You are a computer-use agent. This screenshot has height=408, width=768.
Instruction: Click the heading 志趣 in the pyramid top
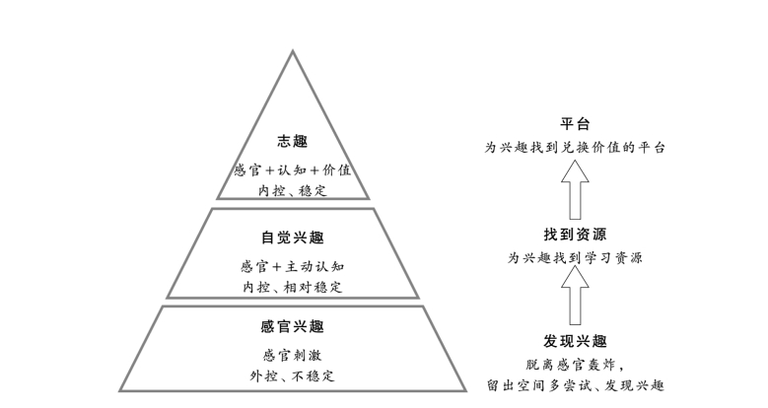click(x=293, y=142)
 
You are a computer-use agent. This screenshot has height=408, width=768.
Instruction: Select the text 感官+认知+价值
click(x=293, y=170)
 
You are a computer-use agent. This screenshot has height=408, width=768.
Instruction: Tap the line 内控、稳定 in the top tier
click(x=293, y=189)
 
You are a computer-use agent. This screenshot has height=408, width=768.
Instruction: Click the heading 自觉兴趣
click(x=293, y=238)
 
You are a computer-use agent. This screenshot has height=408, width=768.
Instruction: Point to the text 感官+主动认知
click(x=293, y=266)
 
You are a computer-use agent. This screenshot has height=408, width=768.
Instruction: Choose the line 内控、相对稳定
click(x=293, y=287)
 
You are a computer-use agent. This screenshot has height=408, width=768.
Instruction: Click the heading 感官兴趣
click(x=293, y=326)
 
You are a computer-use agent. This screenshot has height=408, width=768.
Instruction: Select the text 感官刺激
click(x=293, y=355)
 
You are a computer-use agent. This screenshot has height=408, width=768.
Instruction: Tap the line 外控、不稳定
click(x=293, y=375)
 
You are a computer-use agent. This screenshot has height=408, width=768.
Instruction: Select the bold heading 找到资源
click(x=576, y=234)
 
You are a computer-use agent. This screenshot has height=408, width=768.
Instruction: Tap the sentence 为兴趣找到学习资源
click(x=576, y=257)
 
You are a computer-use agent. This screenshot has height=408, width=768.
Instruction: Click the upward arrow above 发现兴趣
click(x=576, y=295)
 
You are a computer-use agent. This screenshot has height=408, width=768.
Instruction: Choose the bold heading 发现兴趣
click(x=576, y=341)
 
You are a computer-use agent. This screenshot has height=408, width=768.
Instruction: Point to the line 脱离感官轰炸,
click(x=576, y=364)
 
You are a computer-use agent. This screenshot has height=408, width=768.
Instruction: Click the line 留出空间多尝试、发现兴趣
click(x=576, y=385)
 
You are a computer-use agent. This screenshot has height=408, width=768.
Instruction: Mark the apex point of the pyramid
click(x=293, y=51)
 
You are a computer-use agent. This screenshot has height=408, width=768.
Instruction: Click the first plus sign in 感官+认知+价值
click(x=259, y=170)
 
